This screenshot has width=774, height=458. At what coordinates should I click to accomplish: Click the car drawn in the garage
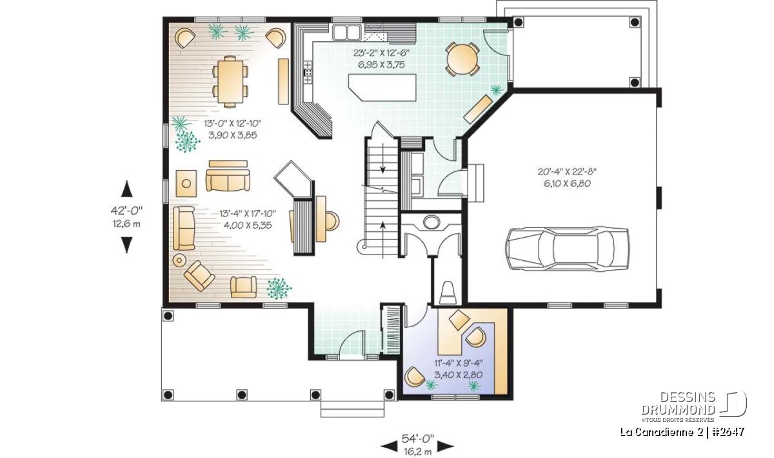click(x=567, y=248)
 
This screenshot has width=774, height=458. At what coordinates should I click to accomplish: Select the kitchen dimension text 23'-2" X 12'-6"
click(x=381, y=53)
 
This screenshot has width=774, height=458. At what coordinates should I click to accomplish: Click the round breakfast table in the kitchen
click(x=462, y=59)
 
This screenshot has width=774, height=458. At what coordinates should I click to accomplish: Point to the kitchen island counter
click(x=382, y=88)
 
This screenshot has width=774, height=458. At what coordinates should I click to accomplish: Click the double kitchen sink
click(x=346, y=32)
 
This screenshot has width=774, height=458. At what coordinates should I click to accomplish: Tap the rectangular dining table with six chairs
click(x=230, y=82)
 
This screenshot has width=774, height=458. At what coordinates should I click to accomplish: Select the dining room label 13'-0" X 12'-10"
click(x=233, y=123)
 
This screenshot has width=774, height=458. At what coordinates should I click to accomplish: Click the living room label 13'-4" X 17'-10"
click(x=248, y=214)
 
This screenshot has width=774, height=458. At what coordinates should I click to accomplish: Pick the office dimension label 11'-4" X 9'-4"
click(x=458, y=363)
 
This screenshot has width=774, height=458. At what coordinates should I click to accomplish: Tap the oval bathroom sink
click(x=431, y=222)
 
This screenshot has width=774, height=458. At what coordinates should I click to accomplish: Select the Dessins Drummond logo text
click(x=679, y=403)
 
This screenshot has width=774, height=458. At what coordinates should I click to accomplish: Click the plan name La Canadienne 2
click(x=661, y=432)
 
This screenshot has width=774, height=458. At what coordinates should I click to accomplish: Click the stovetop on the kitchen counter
click(x=308, y=72)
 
